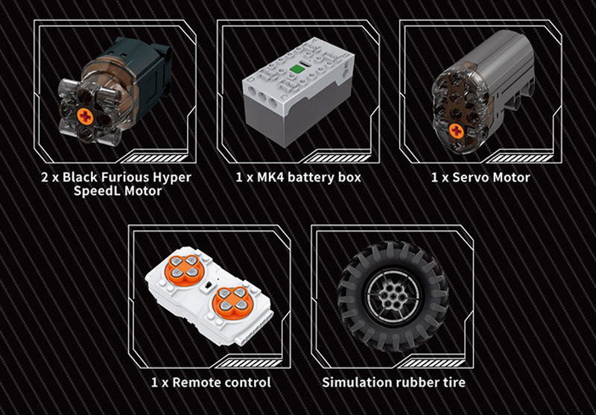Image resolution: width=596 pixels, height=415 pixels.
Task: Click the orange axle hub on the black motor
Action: click(85, 116)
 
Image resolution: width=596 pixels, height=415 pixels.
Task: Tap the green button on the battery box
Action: click(297, 69)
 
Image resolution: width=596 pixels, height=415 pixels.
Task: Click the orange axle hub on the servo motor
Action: click(456, 130)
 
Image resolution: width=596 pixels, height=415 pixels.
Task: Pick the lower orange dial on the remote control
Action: click(232, 302)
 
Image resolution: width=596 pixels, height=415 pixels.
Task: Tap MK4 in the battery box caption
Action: click(270, 177)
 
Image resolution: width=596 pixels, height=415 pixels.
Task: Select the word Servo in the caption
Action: click(470, 177)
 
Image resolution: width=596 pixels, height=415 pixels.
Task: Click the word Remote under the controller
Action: click(195, 382)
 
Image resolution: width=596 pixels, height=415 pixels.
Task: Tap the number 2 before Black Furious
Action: click(45, 177)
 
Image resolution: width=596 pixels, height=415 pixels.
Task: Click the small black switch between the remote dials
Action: click(208, 285)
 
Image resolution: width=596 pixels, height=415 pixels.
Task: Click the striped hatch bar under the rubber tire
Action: click(431, 364)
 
